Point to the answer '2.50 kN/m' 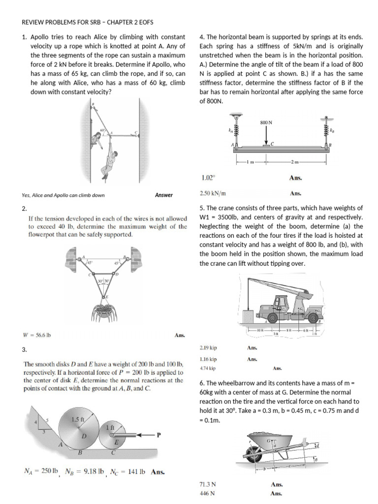click(213, 193)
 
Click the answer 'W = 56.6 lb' click(37, 336)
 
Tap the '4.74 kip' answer click(208, 368)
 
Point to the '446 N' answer click(207, 494)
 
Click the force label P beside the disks click(158, 435)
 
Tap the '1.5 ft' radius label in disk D click(78, 420)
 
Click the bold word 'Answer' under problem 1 click(164, 195)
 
